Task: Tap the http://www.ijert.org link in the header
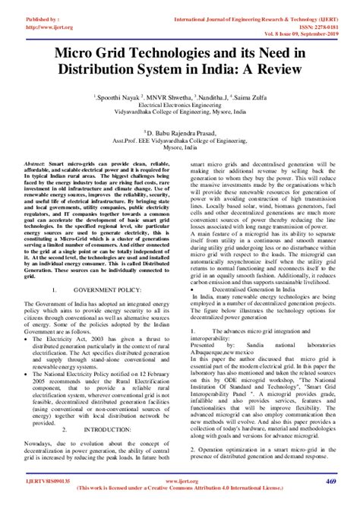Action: [30, 14]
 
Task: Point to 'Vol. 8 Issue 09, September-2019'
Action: [308, 22]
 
